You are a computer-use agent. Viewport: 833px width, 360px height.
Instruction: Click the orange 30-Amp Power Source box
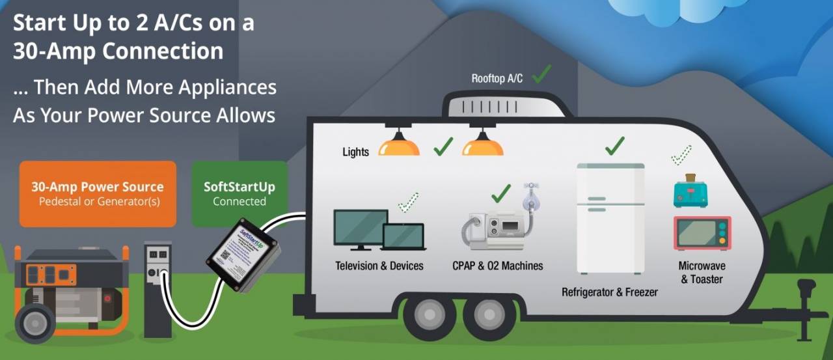[x=98, y=193]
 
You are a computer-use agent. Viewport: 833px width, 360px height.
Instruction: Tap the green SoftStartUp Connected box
[x=239, y=193]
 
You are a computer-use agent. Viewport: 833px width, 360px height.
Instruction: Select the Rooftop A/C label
[x=497, y=79]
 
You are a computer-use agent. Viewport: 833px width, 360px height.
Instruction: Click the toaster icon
[x=690, y=191]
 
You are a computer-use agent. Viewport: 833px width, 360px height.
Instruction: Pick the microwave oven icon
[x=702, y=233]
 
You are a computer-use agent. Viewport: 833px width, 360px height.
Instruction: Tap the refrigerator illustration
[x=610, y=218]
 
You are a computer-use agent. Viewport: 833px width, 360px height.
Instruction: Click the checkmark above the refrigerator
[x=614, y=145]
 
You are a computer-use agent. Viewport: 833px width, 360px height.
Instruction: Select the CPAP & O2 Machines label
[x=497, y=266]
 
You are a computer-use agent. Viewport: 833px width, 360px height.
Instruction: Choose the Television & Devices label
[x=379, y=266]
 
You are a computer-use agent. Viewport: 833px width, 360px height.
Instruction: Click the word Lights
[x=355, y=152]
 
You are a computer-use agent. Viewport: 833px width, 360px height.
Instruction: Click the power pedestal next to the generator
[x=157, y=286]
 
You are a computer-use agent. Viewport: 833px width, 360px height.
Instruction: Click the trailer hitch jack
[x=805, y=306]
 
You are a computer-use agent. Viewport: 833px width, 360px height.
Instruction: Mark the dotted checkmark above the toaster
[x=681, y=155]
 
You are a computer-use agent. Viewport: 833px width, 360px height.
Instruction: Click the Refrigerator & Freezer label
[x=609, y=292]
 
